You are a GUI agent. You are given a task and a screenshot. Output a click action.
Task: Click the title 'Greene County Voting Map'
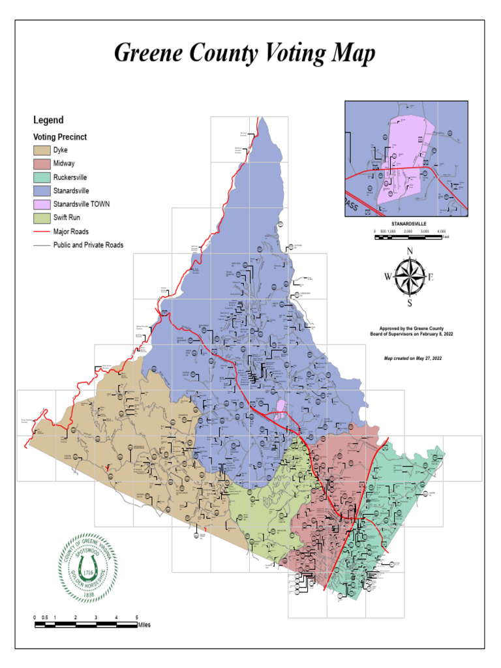[245, 53]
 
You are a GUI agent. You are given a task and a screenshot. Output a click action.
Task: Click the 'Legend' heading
[48, 120]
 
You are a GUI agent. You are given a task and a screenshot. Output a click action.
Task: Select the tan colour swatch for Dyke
[41, 150]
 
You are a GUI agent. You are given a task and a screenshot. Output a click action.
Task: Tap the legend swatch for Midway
[41, 164]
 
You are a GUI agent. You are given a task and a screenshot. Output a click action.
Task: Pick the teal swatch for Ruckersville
[41, 177]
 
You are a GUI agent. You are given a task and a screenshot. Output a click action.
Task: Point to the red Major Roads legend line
[41, 232]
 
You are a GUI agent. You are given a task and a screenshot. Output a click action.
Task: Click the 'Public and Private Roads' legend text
[88, 245]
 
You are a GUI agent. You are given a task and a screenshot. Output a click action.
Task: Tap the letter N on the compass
[410, 251]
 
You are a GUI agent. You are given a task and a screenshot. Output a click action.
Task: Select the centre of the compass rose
[410, 277]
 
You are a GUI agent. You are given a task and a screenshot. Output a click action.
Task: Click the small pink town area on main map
[280, 408]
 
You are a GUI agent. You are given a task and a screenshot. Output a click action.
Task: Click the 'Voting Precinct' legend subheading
[60, 138]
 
